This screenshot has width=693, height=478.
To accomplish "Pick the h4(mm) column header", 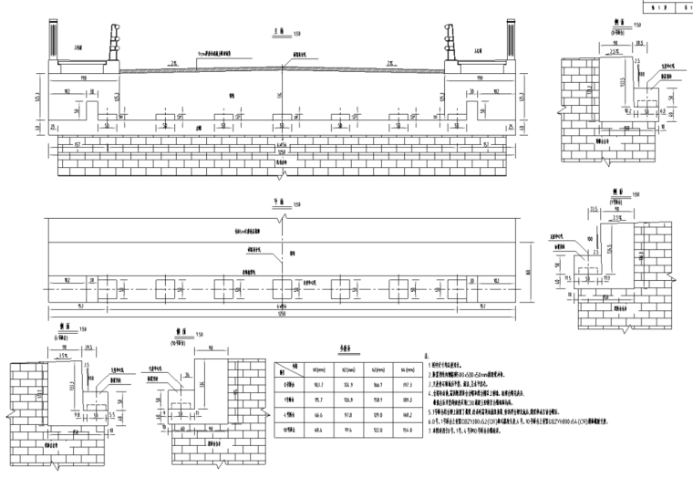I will coord(405,368).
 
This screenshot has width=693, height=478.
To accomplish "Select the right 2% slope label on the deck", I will coord(390,62).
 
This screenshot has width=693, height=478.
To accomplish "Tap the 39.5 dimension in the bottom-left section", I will coord(88,346).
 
